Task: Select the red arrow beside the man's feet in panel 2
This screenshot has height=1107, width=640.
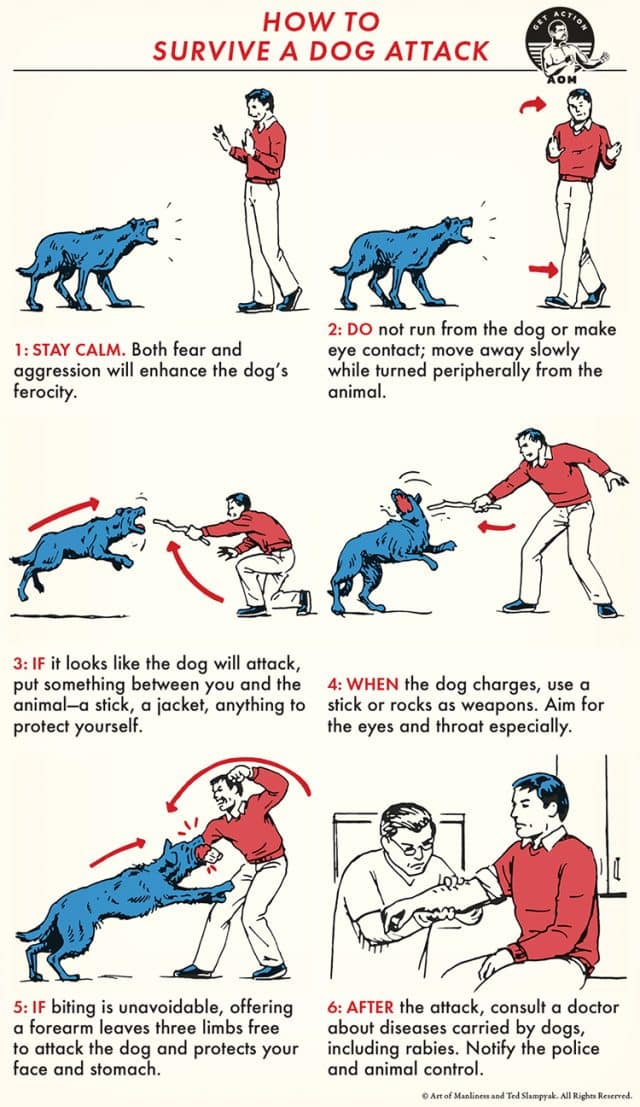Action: click(540, 268)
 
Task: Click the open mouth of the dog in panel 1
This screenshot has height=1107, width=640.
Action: click(149, 236)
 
